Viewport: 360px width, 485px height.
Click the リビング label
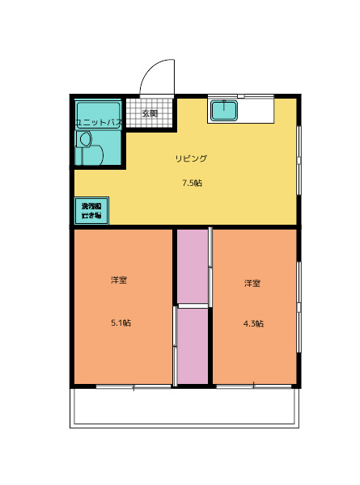[192, 158]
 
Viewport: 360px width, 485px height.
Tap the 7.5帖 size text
[192, 183]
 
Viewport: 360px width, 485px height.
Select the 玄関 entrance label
[150, 113]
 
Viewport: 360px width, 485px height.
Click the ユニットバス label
[98, 122]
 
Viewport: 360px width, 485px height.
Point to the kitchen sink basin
[223, 111]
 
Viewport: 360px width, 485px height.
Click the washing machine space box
[91, 211]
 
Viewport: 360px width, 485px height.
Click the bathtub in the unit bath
[98, 112]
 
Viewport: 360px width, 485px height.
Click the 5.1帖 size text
[121, 323]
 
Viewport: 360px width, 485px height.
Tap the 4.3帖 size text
[253, 323]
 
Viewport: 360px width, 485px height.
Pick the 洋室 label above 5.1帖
[119, 280]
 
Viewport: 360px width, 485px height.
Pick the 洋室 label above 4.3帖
[252, 284]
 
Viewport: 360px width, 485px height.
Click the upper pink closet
[193, 266]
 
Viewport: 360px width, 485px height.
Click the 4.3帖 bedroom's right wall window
[299, 307]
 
